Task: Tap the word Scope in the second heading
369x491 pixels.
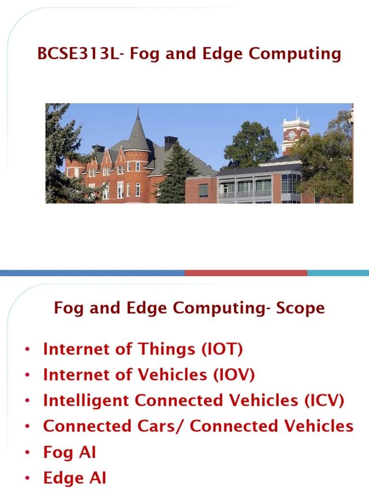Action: click(300, 308)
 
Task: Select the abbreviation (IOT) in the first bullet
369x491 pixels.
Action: click(222, 349)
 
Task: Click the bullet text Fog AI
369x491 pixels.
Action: click(70, 452)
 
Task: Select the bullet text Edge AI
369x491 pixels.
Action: click(74, 478)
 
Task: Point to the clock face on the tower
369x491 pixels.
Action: click(291, 135)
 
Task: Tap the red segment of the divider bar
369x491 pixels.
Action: click(246, 273)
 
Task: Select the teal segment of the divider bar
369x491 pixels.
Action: click(338, 273)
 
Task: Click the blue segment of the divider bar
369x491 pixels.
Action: click(92, 273)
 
